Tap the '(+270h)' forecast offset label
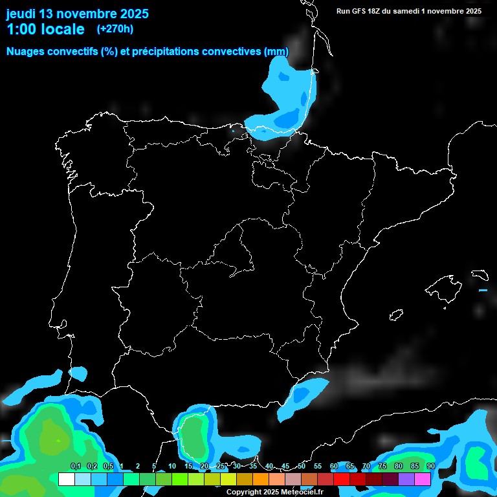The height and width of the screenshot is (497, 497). (115, 29)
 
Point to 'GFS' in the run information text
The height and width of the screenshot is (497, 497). (364, 11)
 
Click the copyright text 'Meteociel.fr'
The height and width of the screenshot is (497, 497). (302, 492)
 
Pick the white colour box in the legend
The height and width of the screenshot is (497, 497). (67, 480)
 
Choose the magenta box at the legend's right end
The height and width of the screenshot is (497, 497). (423, 480)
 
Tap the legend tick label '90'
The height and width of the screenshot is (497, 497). (430, 467)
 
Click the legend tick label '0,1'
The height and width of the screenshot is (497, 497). (75, 467)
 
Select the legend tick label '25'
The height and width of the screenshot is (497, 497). (220, 467)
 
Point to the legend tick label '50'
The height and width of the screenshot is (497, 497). (301, 467)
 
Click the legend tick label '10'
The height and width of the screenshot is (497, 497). (171, 467)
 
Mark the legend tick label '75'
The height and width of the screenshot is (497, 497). (382, 467)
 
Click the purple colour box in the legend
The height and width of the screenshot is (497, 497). (406, 480)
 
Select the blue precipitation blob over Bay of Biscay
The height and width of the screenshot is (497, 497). (285, 97)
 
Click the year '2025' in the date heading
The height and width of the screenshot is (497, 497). (130, 14)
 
